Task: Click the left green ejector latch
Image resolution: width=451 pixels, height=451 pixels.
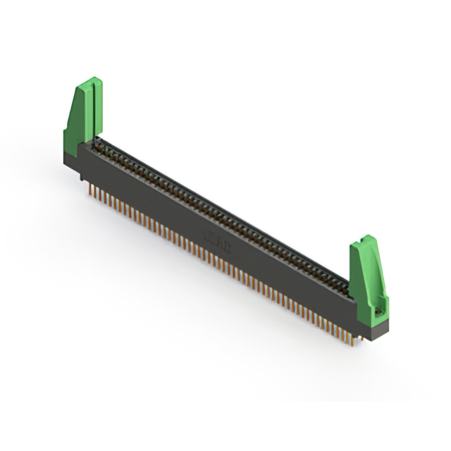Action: pyautogui.click(x=83, y=116)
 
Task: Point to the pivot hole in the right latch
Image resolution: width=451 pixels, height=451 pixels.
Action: pyautogui.click(x=378, y=309)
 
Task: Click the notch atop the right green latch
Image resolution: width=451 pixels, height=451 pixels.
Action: pyautogui.click(x=364, y=240)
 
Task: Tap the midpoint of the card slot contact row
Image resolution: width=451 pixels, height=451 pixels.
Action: pyautogui.click(x=222, y=215)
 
